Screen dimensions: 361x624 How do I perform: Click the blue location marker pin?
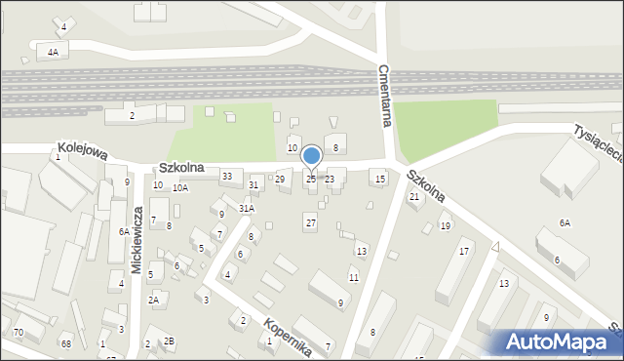[x=312, y=157]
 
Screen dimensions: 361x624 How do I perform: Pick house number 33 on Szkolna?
[x=227, y=176]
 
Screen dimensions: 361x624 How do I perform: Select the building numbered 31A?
[x=247, y=208]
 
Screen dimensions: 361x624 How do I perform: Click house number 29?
[x=280, y=179]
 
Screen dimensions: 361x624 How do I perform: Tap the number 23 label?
[x=330, y=179]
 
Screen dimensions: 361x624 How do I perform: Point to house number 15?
[x=380, y=179]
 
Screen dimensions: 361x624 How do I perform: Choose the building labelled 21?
[x=414, y=197]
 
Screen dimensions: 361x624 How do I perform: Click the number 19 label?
[x=445, y=226]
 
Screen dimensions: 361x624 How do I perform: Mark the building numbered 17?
[x=464, y=252]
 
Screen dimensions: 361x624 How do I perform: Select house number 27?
[x=310, y=223]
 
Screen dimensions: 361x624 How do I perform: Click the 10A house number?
[x=180, y=187]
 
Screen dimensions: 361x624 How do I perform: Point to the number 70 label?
[x=18, y=333]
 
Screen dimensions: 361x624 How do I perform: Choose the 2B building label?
[x=169, y=341]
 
